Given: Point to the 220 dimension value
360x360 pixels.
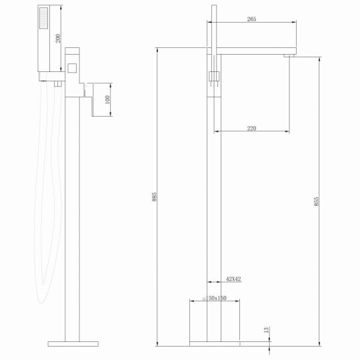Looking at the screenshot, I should pos(251,129).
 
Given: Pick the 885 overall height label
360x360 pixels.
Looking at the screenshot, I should pos(154,197).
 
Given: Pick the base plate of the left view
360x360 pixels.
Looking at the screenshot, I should pos(73,344).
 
